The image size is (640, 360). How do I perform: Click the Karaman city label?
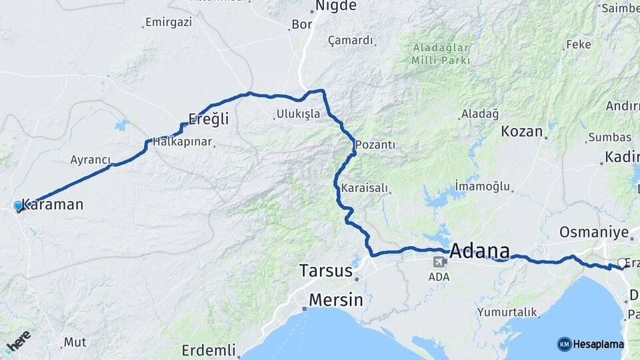tap(53, 204)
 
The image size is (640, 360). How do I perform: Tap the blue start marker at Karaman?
tap(19, 207)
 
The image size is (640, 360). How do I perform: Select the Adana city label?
tap(480, 252)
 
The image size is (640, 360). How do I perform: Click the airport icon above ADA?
tap(439, 262)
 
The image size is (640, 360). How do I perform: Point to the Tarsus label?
tap(325, 271)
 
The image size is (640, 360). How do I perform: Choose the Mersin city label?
tap(336, 300)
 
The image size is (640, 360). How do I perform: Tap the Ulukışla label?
tap(297, 114)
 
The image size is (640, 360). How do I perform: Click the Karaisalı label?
tap(364, 189)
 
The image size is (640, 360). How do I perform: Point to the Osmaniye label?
tap(594, 232)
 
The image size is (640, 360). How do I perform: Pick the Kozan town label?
tap(522, 131)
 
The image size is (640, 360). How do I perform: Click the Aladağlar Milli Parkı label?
tap(441, 54)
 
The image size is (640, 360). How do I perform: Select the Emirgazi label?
tap(169, 22)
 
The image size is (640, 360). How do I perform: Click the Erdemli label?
tap(209, 349)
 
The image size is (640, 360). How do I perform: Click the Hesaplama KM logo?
tap(591, 344)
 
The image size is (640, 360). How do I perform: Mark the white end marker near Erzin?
tap(622, 263)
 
